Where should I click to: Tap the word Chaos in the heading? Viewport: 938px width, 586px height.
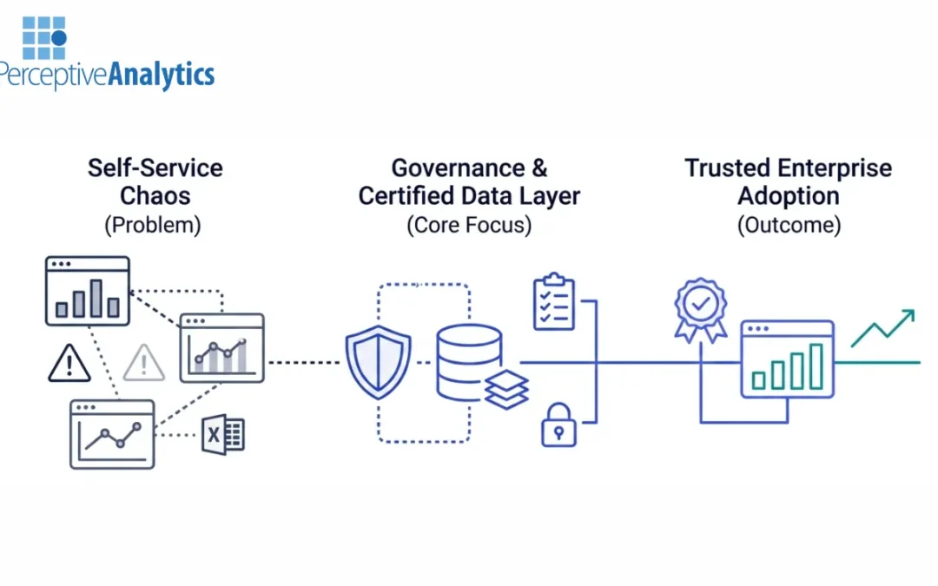[x=155, y=195]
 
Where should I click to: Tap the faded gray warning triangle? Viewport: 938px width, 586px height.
[x=144, y=362]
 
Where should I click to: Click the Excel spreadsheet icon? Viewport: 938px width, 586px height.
[x=223, y=434]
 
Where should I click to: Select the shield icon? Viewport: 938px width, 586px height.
[x=378, y=361]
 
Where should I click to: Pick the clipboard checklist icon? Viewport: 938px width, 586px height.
[x=554, y=302]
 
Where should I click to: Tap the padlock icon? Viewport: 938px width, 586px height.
[x=558, y=425]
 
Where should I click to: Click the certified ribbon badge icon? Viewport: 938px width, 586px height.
[x=700, y=306]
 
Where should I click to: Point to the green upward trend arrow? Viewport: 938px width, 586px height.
[x=883, y=328]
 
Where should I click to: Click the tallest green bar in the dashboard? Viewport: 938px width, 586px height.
[x=816, y=365]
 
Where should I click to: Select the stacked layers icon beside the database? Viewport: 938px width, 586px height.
[x=506, y=388]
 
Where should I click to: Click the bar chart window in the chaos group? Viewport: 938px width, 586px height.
[x=87, y=292]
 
